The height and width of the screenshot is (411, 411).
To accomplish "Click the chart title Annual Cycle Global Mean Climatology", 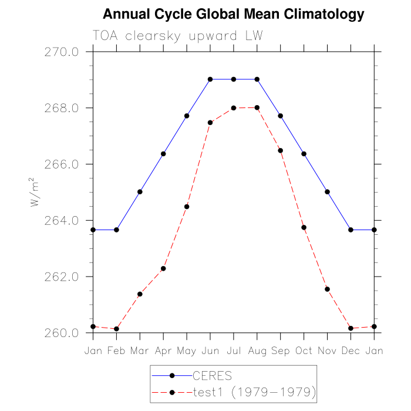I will pyautogui.click(x=233, y=14).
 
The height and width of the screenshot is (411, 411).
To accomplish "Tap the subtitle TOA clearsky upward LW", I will pyautogui.click(x=177, y=36).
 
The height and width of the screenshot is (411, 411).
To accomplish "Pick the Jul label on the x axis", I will pyautogui.click(x=234, y=351).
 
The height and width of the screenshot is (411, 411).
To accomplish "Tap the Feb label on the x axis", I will pyautogui.click(x=116, y=351).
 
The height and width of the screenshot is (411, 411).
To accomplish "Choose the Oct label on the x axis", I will pyautogui.click(x=304, y=351).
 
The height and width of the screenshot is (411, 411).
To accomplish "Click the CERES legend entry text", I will pyautogui.click(x=213, y=375).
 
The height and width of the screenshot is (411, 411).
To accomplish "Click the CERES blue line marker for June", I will pyautogui.click(x=210, y=79).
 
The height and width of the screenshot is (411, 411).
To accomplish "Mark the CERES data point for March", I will pyautogui.click(x=140, y=192).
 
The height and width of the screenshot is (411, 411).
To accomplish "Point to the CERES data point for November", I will pyautogui.click(x=327, y=192).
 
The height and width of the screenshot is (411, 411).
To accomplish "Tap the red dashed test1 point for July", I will pyautogui.click(x=234, y=108).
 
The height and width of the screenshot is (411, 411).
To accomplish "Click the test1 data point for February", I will pyautogui.click(x=116, y=329).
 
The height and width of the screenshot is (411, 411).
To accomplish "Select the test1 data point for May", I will pyautogui.click(x=187, y=207).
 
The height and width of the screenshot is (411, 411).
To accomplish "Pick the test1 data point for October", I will pyautogui.click(x=304, y=227).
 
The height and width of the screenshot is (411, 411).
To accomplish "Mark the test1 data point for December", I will pyautogui.click(x=351, y=328).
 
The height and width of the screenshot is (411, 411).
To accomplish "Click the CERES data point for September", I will pyautogui.click(x=280, y=116).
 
